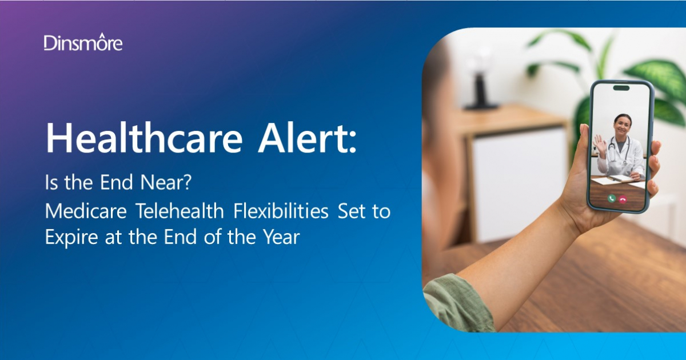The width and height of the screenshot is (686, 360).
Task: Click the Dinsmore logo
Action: pos(83,42)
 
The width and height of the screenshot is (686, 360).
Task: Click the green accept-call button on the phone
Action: pos(611,198)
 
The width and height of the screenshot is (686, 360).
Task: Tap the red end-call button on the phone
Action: pos(623,198)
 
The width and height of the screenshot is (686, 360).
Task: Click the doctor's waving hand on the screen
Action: pos(600,143)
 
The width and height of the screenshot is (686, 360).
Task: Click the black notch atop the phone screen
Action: pos(621,88)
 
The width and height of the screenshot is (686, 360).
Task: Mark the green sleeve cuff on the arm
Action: pos(457,303)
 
